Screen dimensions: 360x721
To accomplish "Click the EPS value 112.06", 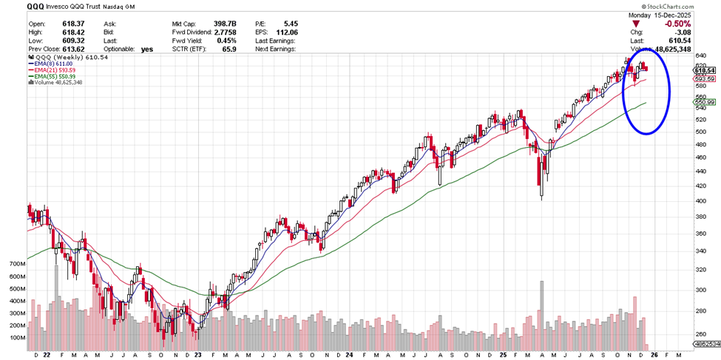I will click(285, 33).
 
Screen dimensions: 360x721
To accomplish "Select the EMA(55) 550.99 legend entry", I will click(56, 76).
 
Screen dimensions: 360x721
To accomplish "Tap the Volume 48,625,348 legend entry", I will click(56, 82).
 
